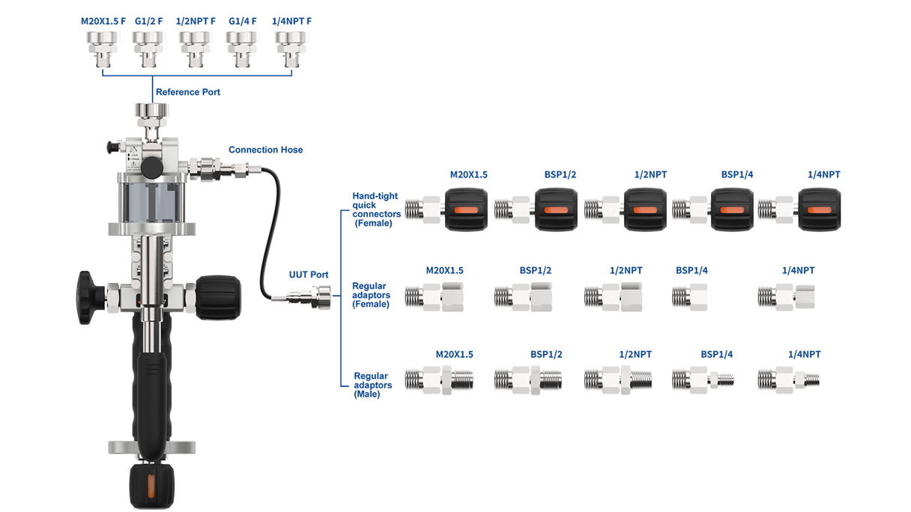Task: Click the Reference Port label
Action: tap(187, 92)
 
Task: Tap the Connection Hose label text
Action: tap(265, 150)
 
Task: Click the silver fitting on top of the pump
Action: tap(150, 114)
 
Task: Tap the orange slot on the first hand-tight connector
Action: tap(466, 210)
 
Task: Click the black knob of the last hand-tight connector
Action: tap(819, 209)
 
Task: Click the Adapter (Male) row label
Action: tap(371, 384)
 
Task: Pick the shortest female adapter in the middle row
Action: tap(690, 297)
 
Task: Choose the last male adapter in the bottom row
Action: tap(788, 379)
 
